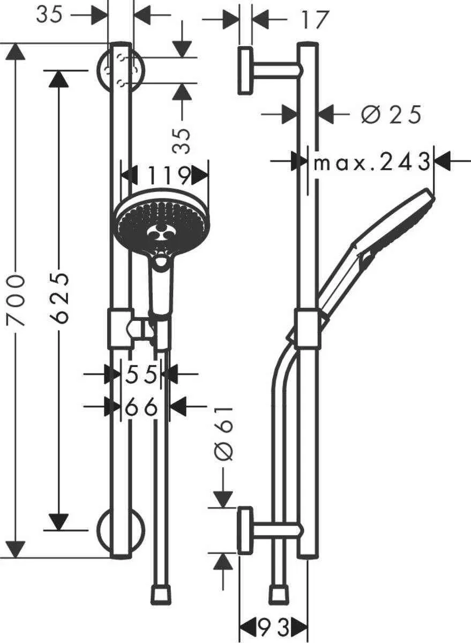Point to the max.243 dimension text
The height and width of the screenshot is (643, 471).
coord(372,162)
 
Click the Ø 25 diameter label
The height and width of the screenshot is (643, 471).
coord(391,115)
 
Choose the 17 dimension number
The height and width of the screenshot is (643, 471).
coord(314,20)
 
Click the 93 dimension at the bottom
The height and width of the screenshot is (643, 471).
coord(274,626)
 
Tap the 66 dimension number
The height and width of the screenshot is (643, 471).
coord(142,407)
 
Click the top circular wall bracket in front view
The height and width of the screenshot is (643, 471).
coord(120,69)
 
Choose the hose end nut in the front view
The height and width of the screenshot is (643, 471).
coord(161,595)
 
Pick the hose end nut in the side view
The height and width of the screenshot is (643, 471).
coord(277,595)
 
